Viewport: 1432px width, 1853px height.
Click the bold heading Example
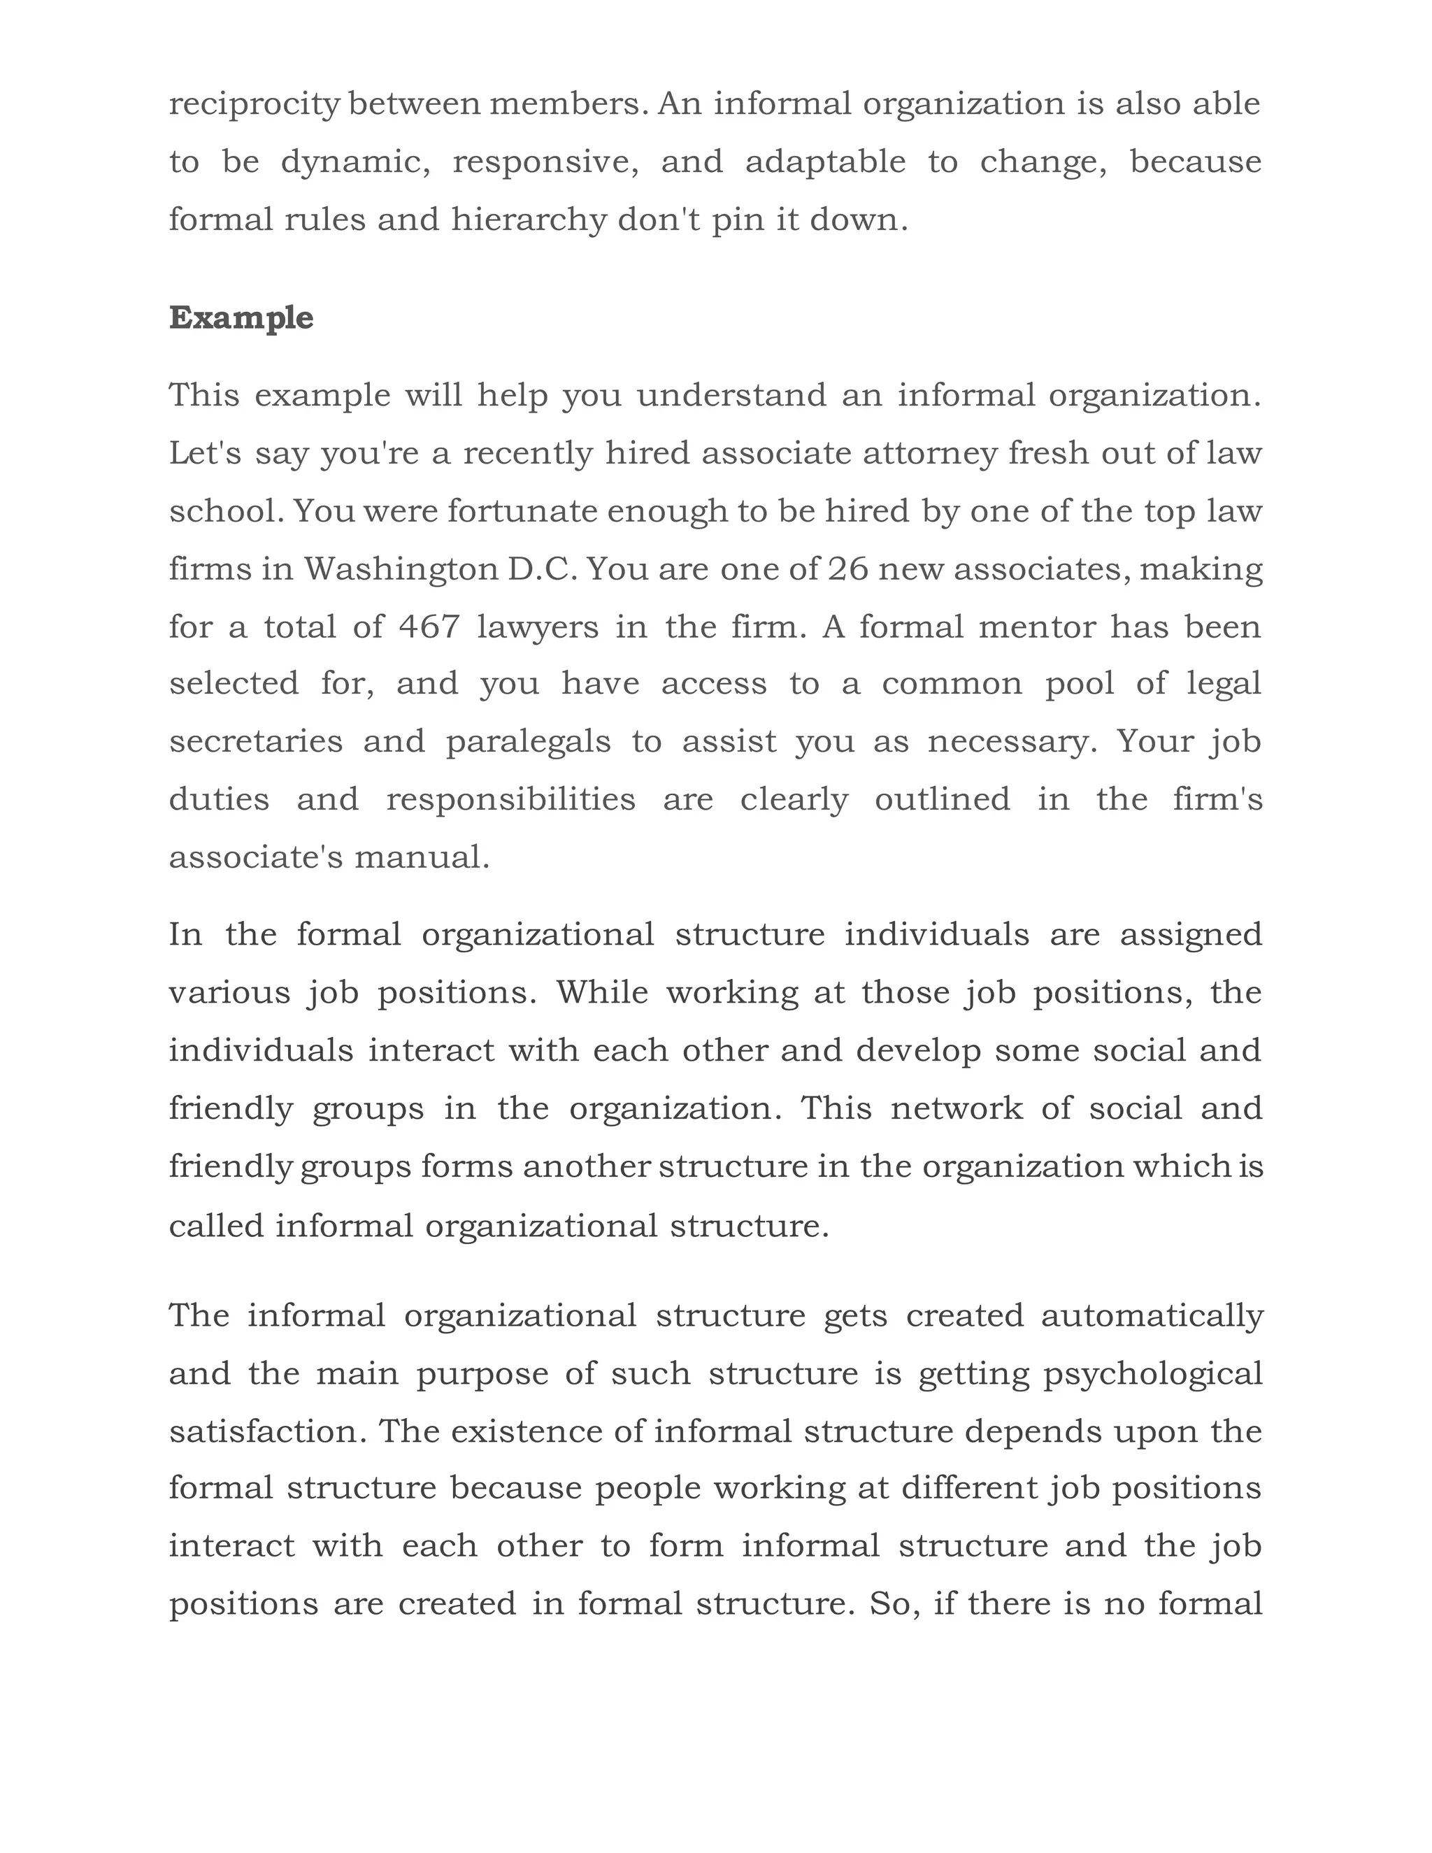pos(241,318)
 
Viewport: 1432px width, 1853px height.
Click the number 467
pos(429,627)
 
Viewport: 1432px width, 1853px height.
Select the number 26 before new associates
pos(848,568)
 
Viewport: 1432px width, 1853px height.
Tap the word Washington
pos(401,568)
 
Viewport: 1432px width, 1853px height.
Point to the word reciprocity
pos(255,104)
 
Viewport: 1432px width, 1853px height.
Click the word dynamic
pos(355,162)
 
